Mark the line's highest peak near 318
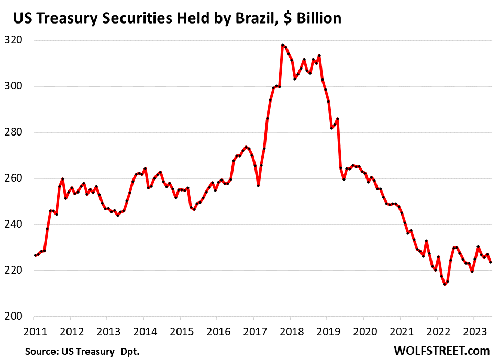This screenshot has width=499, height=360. click(x=282, y=45)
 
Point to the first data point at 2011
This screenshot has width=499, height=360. click(x=35, y=255)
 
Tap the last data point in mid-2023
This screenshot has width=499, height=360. click(x=490, y=262)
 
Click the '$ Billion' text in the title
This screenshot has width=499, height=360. click(x=312, y=18)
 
